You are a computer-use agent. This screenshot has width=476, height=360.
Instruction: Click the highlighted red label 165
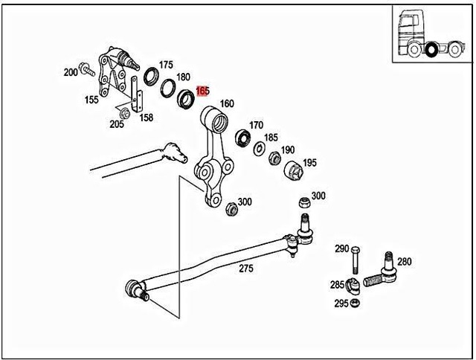202,91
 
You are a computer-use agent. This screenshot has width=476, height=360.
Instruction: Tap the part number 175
166,65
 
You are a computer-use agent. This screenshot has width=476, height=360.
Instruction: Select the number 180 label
183,77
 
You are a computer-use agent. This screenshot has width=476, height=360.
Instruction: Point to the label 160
227,103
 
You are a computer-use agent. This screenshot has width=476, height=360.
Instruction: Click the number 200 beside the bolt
71,72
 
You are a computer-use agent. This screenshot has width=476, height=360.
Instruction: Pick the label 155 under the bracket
91,100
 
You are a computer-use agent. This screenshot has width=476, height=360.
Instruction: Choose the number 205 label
117,124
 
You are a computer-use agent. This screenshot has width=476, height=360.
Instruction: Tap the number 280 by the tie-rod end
404,261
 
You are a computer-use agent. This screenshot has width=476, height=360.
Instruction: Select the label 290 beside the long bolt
341,248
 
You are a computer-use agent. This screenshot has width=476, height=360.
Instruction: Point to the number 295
341,303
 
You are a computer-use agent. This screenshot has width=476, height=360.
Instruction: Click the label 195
309,162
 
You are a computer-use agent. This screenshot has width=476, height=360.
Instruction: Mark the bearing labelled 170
242,138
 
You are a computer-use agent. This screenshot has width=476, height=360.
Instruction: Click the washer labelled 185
259,149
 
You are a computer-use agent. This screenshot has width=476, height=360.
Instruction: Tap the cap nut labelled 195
293,170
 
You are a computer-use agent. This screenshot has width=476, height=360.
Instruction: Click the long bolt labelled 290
356,262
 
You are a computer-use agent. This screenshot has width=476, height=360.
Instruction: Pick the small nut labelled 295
356,303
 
